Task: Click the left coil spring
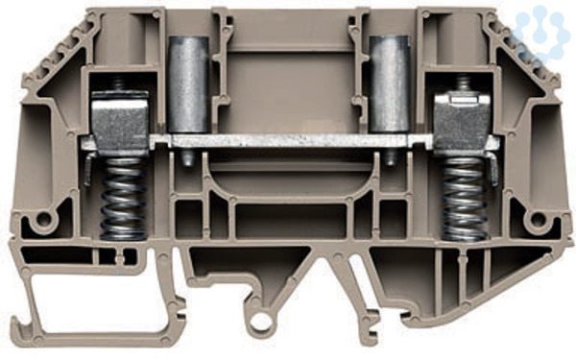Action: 124,199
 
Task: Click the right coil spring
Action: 465,199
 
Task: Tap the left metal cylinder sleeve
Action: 188,84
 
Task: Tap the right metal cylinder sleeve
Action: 389,84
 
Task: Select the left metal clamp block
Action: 120,122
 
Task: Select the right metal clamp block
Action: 462,122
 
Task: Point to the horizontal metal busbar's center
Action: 290,141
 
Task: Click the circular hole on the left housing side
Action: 44,219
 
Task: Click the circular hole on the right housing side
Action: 539,219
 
